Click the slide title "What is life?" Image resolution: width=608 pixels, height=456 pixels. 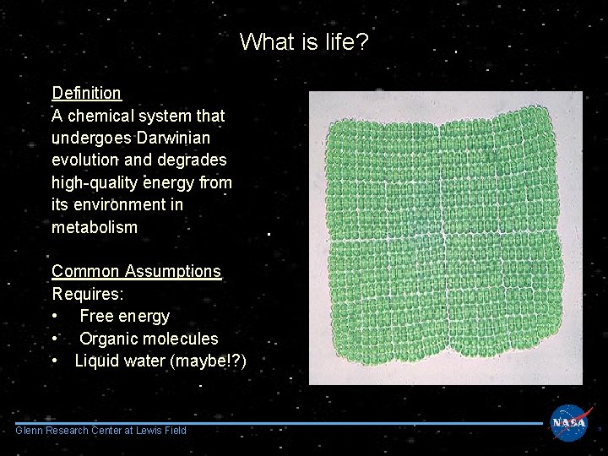tap(304, 41)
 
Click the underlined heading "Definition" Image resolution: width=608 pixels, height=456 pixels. tap(86, 93)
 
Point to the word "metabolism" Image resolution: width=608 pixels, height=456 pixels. tap(94, 228)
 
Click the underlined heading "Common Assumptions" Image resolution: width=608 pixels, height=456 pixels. tap(136, 271)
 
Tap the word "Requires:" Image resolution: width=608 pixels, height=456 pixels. tap(88, 294)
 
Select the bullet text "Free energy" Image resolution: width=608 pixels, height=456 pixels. tap(124, 317)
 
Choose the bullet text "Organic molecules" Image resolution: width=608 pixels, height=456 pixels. tap(149, 339)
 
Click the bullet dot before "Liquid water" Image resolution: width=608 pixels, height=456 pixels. tap(55, 361)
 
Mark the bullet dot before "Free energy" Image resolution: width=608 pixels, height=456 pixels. tap(55, 317)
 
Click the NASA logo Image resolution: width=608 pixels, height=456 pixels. tap(569, 423)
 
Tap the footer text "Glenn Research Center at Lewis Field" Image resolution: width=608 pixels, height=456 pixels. tap(100, 432)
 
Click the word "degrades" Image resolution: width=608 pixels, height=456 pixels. tap(191, 160)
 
